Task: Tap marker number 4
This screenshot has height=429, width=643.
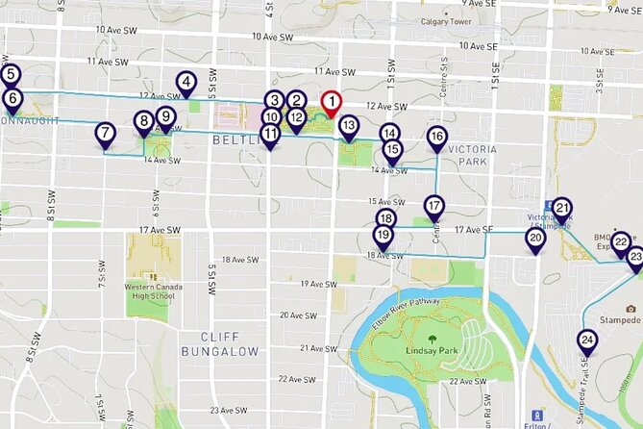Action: click(186, 84)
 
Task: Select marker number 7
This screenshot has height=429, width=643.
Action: click(105, 134)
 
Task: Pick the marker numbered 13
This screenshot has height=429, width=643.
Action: click(349, 125)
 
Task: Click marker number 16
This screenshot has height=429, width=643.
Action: click(437, 138)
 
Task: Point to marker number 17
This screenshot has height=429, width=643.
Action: click(434, 206)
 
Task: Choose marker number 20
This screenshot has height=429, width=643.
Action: click(536, 238)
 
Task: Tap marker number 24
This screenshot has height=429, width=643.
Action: click(586, 340)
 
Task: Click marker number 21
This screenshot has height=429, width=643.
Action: click(562, 207)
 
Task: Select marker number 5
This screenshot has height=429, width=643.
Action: click(11, 74)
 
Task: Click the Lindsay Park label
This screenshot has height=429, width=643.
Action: click(432, 352)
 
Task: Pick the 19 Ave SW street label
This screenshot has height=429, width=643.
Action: click(318, 284)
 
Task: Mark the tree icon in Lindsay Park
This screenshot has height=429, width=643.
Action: click(432, 338)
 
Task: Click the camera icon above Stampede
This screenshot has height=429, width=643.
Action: click(631, 308)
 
